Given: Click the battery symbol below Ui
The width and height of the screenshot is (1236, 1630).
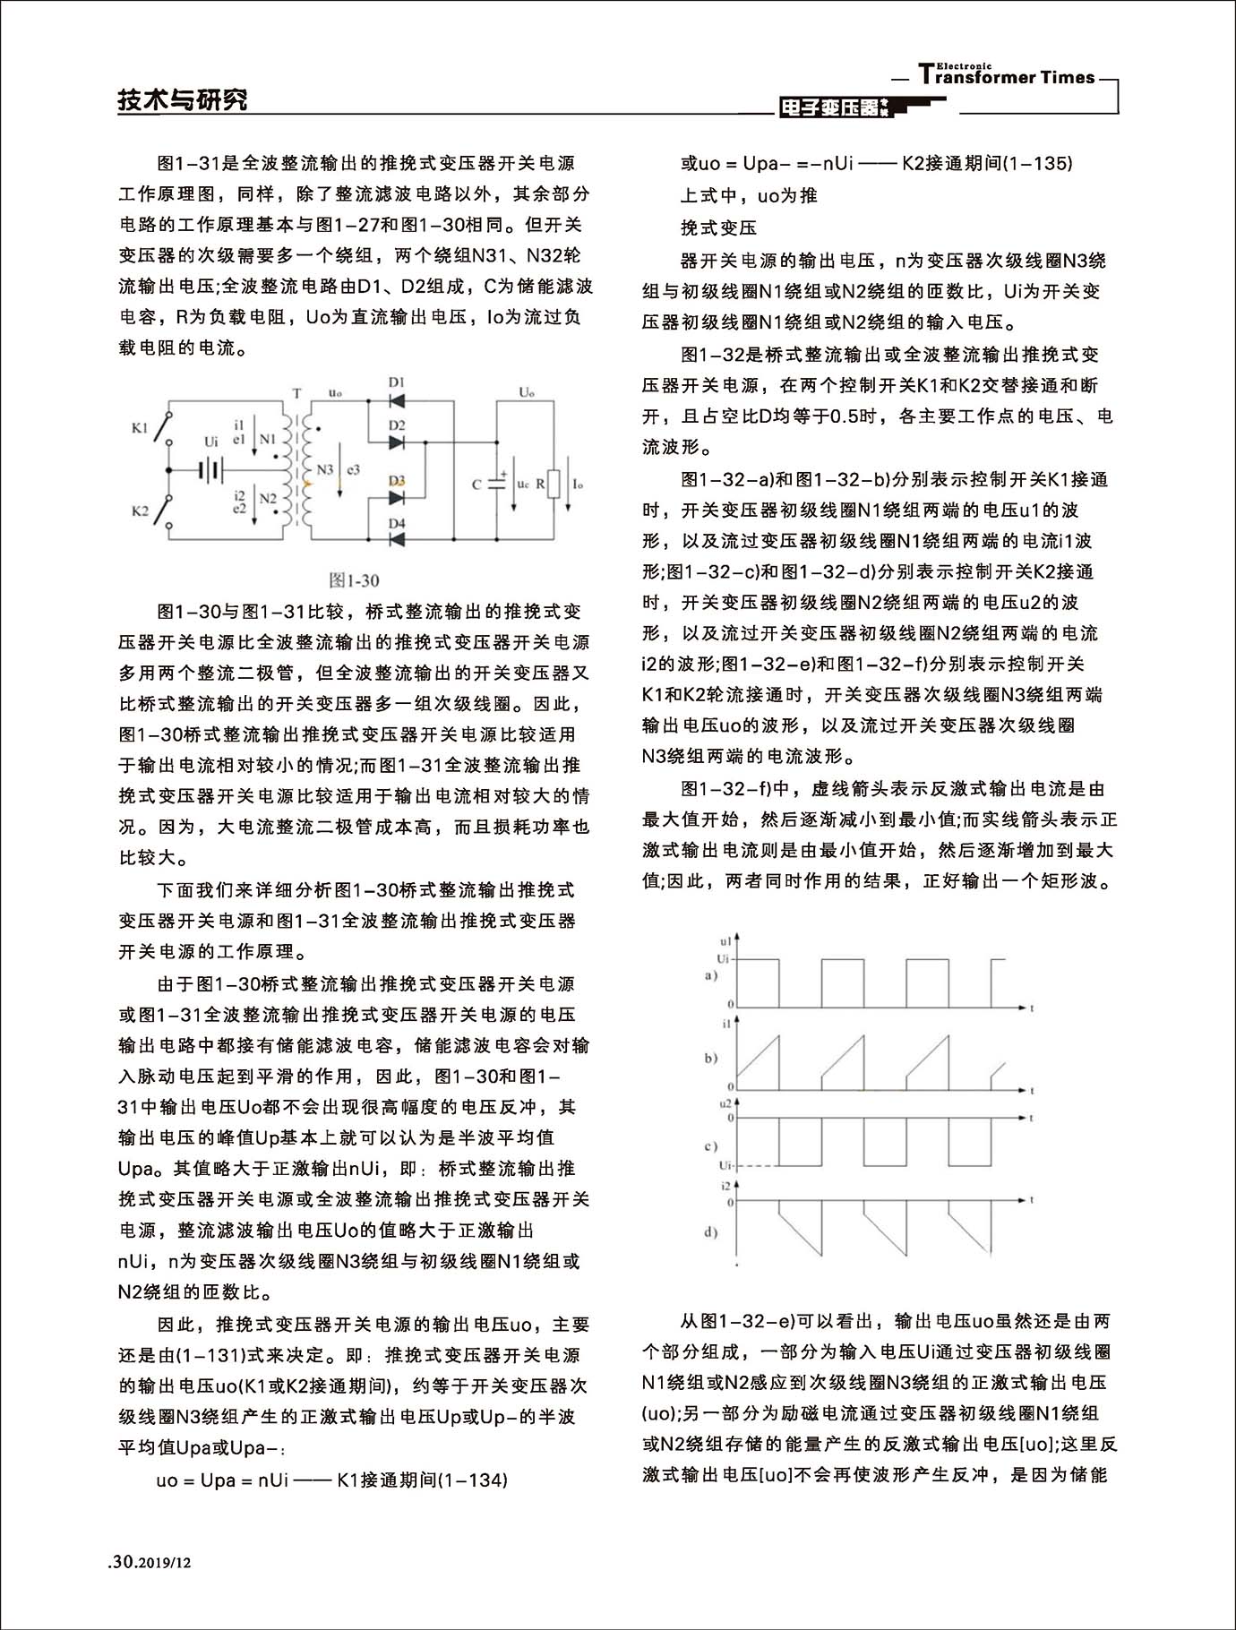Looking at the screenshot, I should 210,469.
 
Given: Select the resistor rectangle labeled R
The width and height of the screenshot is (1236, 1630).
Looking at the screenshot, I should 554,485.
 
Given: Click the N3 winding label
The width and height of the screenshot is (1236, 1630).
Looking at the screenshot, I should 324,469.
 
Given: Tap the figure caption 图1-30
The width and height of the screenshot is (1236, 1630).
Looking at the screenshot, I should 355,580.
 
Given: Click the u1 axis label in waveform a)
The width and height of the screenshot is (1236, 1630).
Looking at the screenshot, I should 725,941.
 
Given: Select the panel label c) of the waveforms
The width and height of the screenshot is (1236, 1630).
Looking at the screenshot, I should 710,1146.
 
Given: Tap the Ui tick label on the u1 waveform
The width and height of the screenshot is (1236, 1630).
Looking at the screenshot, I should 724,959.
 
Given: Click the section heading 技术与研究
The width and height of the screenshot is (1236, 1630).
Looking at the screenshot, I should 183,99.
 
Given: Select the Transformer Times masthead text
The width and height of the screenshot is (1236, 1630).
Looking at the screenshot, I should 1007,76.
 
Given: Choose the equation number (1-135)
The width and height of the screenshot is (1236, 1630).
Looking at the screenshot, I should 1037,163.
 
